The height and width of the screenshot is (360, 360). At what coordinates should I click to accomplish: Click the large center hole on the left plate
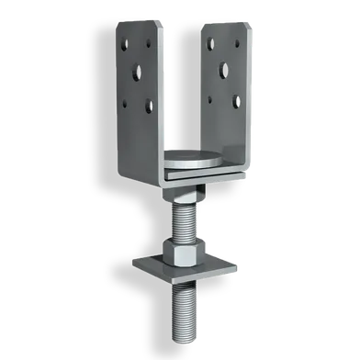tap(141, 71)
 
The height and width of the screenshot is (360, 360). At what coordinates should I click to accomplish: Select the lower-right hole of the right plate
tap(236, 100)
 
